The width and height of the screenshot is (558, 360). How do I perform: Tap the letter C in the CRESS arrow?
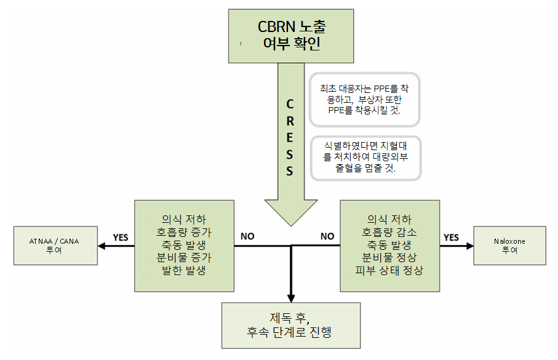[290, 104]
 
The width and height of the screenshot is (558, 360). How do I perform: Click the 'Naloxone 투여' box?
[509, 246]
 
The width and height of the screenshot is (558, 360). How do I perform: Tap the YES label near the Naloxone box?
[451, 237]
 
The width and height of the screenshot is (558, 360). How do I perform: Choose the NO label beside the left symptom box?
[247, 236]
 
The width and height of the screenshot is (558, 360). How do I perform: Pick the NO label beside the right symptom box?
[327, 236]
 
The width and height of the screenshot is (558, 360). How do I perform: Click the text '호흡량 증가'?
[184, 233]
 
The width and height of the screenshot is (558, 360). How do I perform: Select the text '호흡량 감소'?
[390, 233]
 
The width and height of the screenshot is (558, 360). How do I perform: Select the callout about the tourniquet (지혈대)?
[365, 158]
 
